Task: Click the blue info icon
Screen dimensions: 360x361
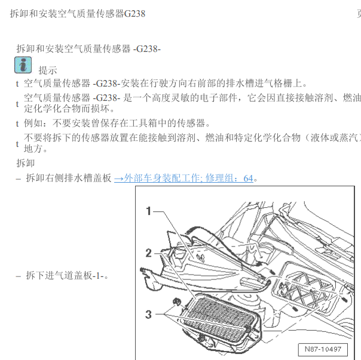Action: (x=23, y=65)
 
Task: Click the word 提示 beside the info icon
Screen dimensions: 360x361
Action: (x=48, y=70)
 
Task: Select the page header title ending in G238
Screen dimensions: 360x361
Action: (x=77, y=13)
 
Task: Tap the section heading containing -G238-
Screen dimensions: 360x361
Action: (x=88, y=48)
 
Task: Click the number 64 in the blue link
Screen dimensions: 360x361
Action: (x=248, y=178)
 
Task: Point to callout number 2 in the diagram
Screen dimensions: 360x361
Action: (x=149, y=253)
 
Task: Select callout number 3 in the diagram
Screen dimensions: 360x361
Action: (x=149, y=314)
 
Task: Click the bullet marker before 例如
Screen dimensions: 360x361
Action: (x=17, y=124)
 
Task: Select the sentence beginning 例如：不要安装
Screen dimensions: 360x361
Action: (x=117, y=124)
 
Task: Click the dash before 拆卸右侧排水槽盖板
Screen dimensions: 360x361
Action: (x=18, y=178)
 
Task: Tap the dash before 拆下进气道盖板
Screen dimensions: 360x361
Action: (x=18, y=276)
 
